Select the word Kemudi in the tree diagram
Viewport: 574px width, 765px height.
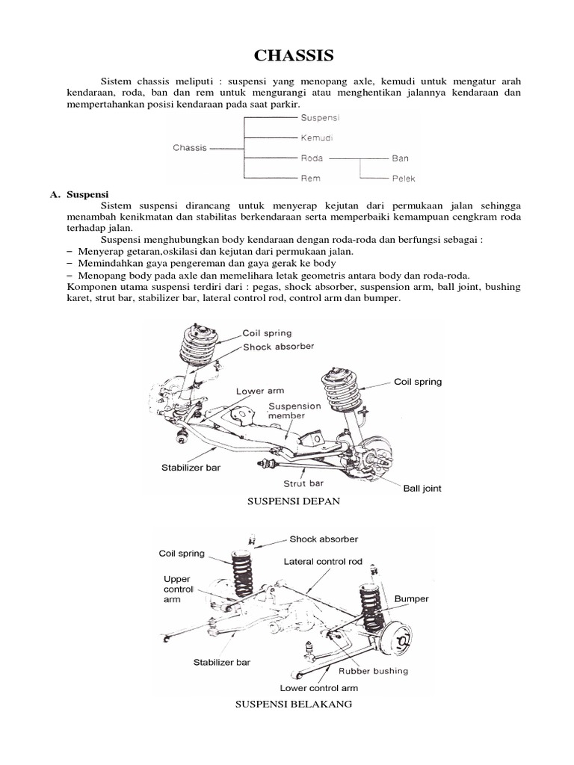coord(317,138)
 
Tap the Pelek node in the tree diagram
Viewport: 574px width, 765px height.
coord(403,179)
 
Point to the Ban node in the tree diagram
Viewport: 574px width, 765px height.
coord(400,158)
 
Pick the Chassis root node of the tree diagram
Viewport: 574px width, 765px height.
coord(189,148)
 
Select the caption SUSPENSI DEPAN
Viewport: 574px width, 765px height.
coord(294,501)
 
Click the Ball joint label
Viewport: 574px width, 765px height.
coord(422,489)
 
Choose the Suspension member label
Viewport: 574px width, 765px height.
coord(294,411)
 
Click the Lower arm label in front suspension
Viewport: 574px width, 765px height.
coord(259,391)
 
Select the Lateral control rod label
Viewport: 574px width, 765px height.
coord(322,560)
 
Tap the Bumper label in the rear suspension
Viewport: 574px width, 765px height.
coord(411,599)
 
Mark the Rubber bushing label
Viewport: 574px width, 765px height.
coord(374,671)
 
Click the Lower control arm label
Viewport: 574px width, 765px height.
coord(319,688)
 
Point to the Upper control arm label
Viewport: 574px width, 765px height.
coord(179,589)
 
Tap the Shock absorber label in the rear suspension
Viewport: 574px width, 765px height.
coord(324,539)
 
